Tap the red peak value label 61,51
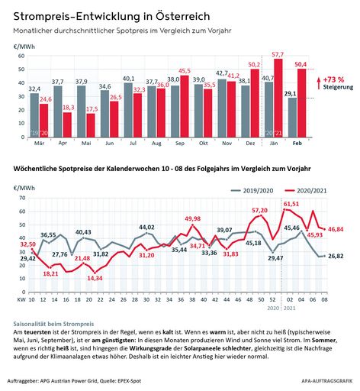(291, 204)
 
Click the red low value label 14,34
(95, 278)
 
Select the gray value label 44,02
(146, 228)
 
